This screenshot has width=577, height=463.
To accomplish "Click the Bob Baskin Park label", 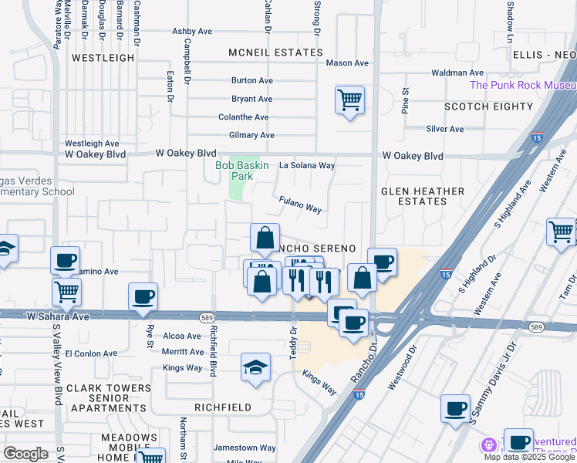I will tap(234, 171).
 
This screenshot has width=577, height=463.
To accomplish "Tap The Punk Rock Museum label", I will tap(522, 86).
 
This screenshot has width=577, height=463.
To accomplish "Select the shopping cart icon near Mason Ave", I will tap(349, 100).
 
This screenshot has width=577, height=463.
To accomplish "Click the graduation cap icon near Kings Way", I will tap(255, 367).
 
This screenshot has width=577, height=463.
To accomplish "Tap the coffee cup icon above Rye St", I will tap(143, 296).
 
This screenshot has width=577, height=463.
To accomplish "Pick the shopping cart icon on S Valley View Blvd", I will tap(67, 292).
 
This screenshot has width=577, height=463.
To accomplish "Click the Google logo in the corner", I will tap(25, 454).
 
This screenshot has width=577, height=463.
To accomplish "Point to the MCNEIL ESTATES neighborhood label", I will tap(275, 52).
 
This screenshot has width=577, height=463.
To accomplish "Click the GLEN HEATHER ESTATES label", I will tap(423, 196).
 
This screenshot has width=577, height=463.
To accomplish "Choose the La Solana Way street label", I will tap(307, 165).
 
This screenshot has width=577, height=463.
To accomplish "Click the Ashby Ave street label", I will tap(192, 32).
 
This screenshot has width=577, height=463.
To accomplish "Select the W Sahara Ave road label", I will tap(59, 316).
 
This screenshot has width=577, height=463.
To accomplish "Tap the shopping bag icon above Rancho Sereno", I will tap(265, 238).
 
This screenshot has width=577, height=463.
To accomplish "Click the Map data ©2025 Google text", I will tap(529, 457).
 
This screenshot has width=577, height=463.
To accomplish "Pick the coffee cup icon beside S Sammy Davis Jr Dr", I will tap(455, 408).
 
